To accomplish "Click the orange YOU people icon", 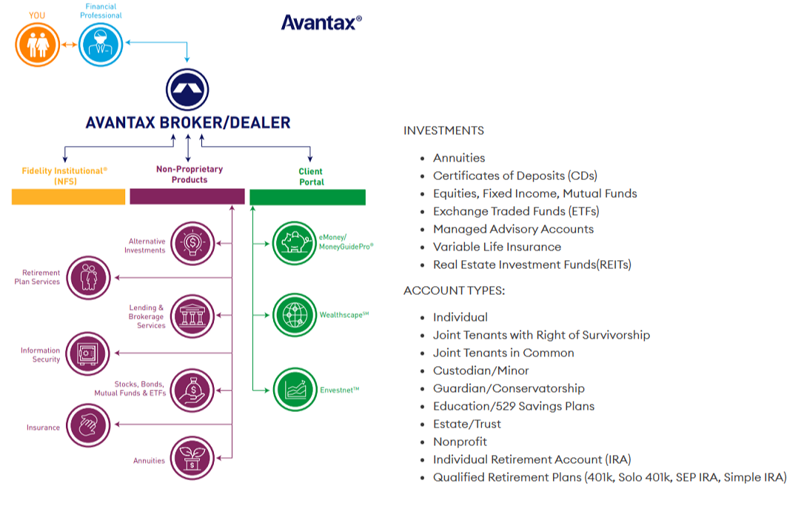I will point(36,44).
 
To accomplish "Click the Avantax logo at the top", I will point(321,22).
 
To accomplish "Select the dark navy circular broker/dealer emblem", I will point(187,90).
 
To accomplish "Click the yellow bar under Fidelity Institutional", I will point(68,196).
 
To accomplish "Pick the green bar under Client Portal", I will point(307,196).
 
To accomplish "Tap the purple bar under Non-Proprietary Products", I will point(187,196).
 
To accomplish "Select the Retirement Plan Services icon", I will point(88,277).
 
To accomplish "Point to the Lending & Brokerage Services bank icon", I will point(192,316).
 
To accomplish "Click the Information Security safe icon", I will point(88,353).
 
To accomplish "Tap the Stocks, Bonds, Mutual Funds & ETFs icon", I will point(192,389).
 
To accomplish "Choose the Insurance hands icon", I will point(88,425).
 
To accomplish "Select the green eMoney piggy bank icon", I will point(294,242).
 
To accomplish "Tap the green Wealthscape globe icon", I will point(294,315).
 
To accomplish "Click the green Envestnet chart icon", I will point(294,389).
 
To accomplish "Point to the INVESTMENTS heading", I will point(443,130).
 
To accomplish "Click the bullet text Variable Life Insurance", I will point(497,247).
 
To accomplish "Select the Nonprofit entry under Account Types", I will point(460,442).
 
